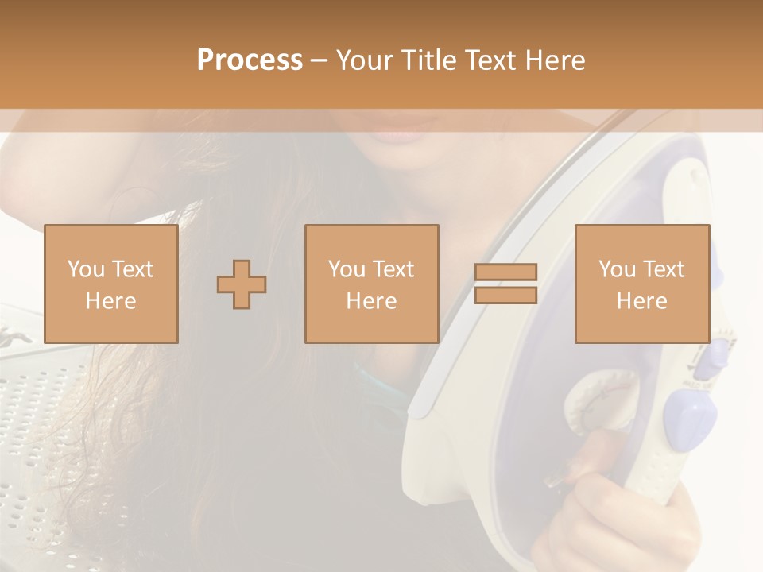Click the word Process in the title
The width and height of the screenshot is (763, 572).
(x=250, y=60)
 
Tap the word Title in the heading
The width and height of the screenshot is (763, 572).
(x=431, y=60)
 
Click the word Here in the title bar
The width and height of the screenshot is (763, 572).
(x=556, y=60)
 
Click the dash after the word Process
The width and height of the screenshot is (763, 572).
(x=319, y=61)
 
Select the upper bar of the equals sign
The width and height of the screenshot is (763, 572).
(x=505, y=272)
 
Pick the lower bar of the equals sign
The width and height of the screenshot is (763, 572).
(x=505, y=296)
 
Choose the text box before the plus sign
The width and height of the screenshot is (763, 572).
(x=110, y=284)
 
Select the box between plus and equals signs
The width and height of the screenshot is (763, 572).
(x=371, y=284)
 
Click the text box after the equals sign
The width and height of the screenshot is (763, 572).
(x=641, y=284)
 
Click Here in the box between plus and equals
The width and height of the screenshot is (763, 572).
(x=371, y=301)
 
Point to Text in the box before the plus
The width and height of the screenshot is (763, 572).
(x=133, y=269)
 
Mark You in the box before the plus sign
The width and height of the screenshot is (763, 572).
(x=84, y=269)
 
